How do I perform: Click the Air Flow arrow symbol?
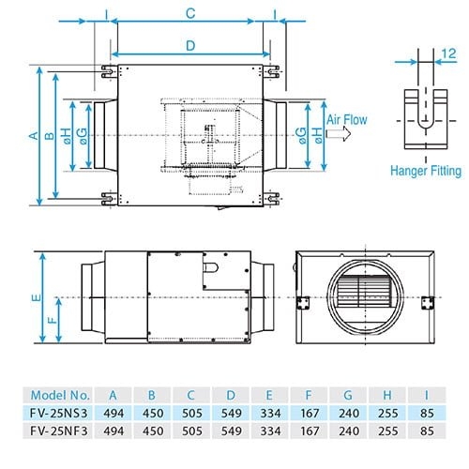[339, 134]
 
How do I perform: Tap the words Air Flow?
[347, 120]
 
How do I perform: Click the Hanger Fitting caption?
[426, 171]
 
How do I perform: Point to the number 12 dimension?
[449, 53]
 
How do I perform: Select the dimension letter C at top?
[190, 14]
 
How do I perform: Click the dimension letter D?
[190, 46]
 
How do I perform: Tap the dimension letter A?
[34, 136]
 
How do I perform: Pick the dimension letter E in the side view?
[37, 297]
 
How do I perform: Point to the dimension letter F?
[53, 320]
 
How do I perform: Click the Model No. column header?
[60, 396]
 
